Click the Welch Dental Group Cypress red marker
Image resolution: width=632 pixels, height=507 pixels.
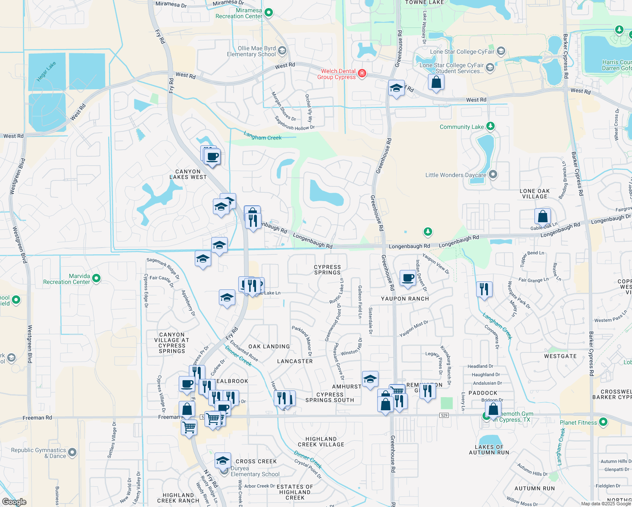[x=362, y=74]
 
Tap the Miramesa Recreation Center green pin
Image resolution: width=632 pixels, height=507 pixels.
[x=269, y=13]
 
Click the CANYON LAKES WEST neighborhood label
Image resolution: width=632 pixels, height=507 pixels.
[x=188, y=174]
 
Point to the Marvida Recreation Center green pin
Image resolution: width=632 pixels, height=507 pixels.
[x=96, y=278]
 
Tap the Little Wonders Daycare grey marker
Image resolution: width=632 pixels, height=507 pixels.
[x=493, y=174]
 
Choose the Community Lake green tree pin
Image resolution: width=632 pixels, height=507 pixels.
[x=490, y=126]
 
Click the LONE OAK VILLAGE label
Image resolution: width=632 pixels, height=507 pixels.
[x=535, y=194]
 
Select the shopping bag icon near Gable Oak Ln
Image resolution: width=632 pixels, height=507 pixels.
[x=542, y=216]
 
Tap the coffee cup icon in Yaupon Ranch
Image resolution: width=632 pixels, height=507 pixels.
[x=408, y=278]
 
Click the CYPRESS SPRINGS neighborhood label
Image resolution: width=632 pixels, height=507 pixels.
[x=327, y=270]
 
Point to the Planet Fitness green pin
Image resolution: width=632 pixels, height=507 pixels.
[x=603, y=422]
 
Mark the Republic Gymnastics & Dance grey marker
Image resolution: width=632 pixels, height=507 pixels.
[x=72, y=452]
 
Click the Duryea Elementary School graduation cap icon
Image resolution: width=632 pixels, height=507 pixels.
[x=223, y=461]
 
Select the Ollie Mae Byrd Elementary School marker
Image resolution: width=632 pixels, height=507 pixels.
[x=282, y=51]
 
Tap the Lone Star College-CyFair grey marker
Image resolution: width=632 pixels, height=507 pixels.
[x=501, y=52]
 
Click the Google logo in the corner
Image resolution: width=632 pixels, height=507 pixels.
[x=14, y=502]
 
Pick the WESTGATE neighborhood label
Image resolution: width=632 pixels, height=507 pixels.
[x=560, y=356]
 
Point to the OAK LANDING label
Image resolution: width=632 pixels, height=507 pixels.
[x=269, y=346]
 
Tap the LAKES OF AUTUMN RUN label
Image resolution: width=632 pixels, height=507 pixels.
[x=489, y=450]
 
